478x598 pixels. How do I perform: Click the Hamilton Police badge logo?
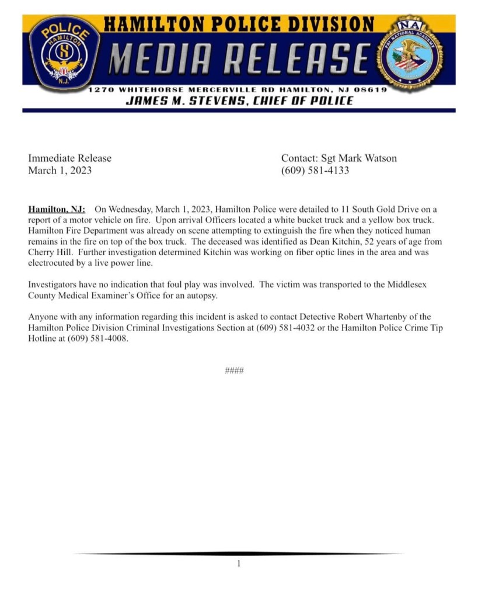pos(64,53)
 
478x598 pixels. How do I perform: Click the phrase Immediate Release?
pos(69,158)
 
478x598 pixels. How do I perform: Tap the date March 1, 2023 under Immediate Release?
pos(60,171)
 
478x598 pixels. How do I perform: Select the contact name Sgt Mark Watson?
pos(359,158)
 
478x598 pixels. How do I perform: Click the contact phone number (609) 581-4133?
pos(315,171)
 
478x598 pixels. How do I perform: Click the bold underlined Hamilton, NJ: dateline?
pos(57,209)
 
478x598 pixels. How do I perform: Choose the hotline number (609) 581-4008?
pos(97,339)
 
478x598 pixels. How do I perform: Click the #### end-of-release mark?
pos(234,371)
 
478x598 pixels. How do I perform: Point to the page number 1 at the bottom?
pos(239,564)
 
